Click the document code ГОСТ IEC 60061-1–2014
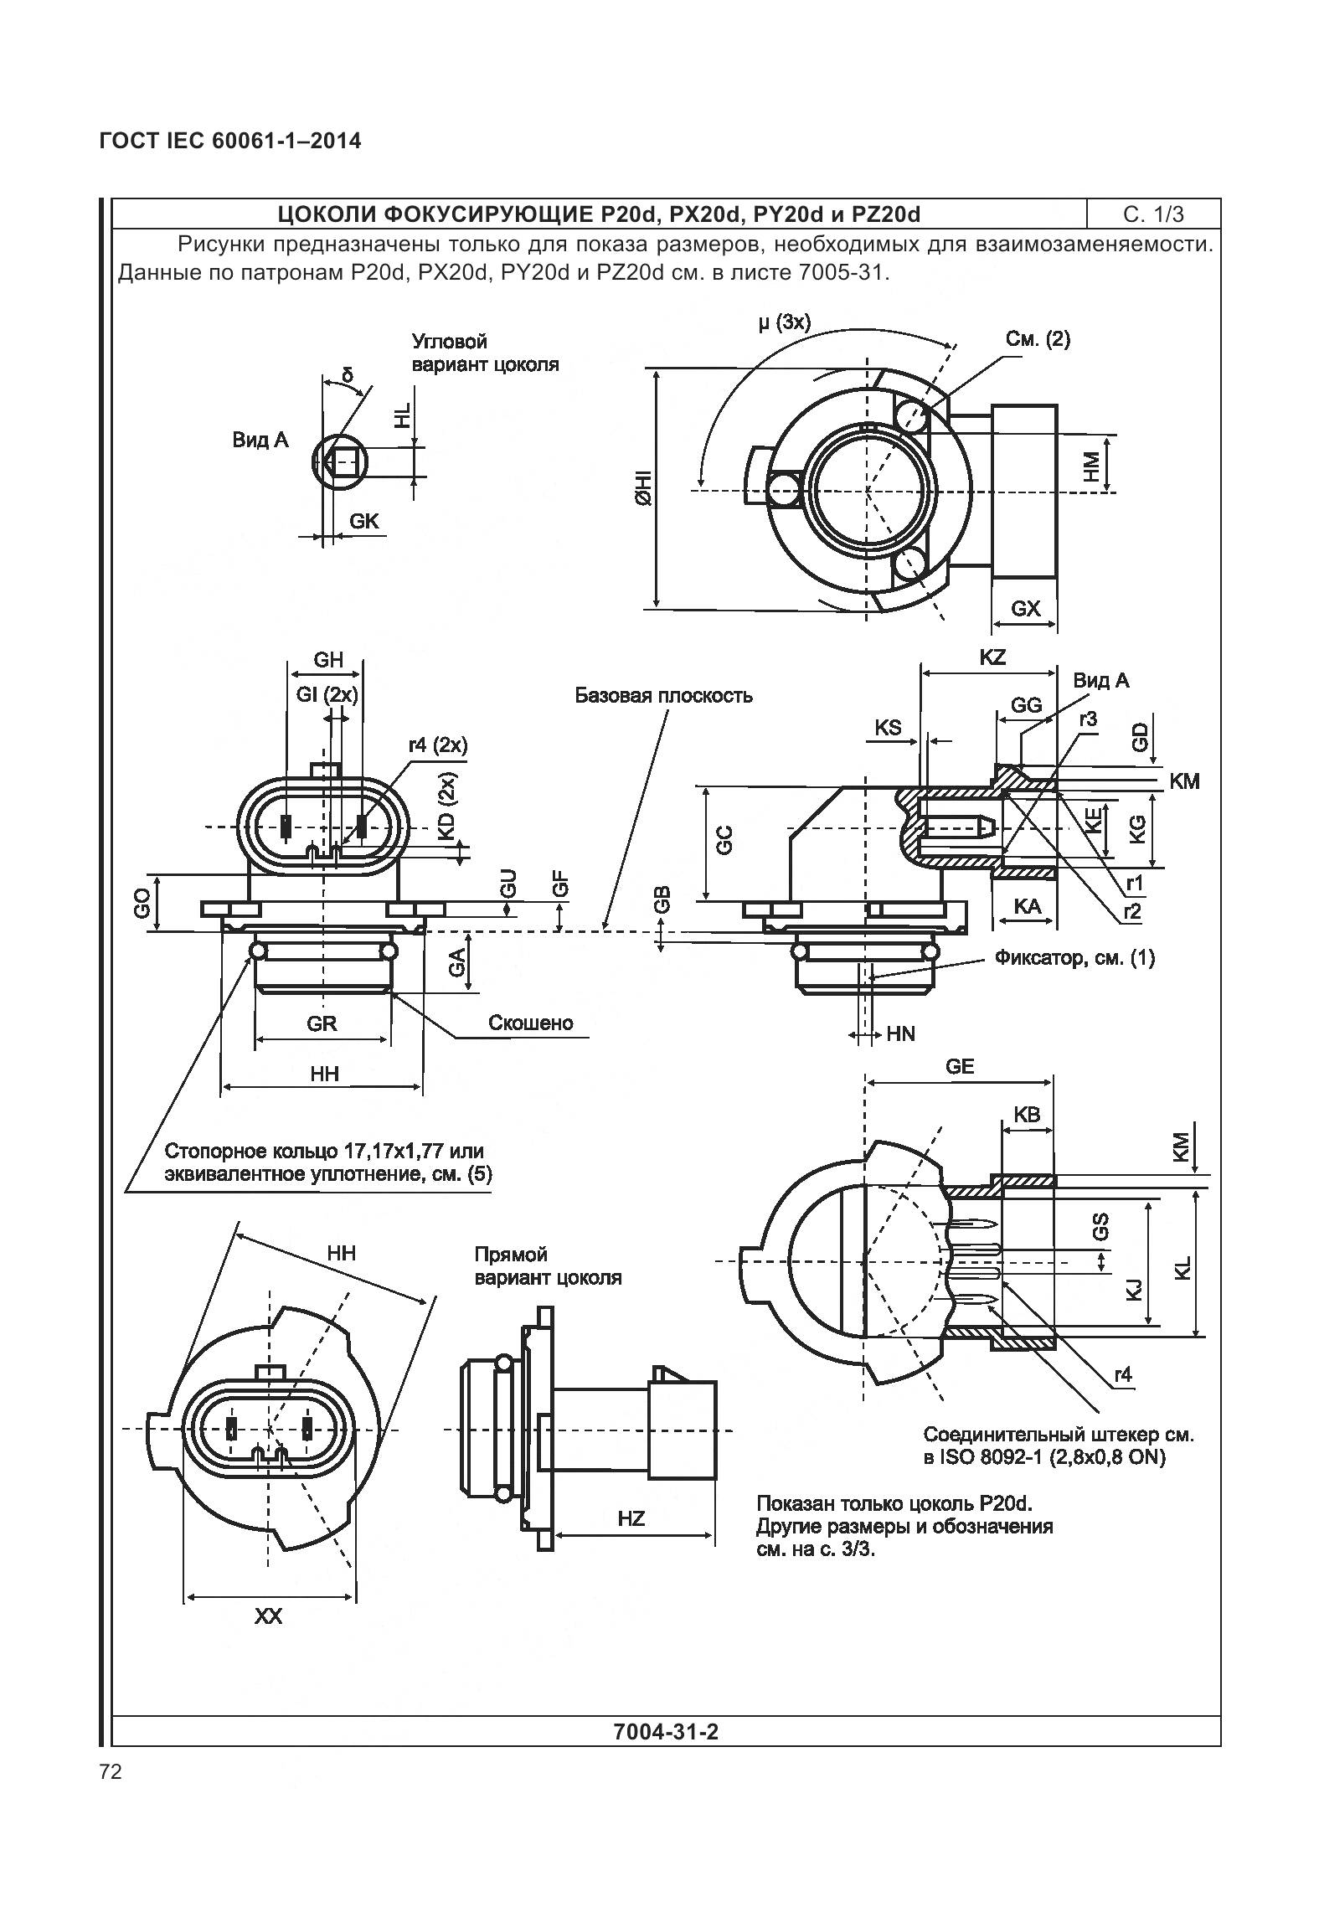[x=230, y=141]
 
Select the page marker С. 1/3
[x=1153, y=214]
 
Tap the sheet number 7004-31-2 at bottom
[x=666, y=1731]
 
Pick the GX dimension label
[x=1025, y=608]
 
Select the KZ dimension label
[x=992, y=657]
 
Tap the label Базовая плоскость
[x=662, y=696]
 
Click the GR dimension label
[x=322, y=1023]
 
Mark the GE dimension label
[x=960, y=1066]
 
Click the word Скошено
[x=531, y=1023]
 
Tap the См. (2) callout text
[x=1038, y=339]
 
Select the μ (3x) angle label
[x=784, y=322]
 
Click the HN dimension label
[x=901, y=1034]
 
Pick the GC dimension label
[x=725, y=839]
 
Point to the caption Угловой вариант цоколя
[x=484, y=353]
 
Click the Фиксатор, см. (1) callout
[x=1074, y=958]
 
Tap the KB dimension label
[x=1027, y=1115]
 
